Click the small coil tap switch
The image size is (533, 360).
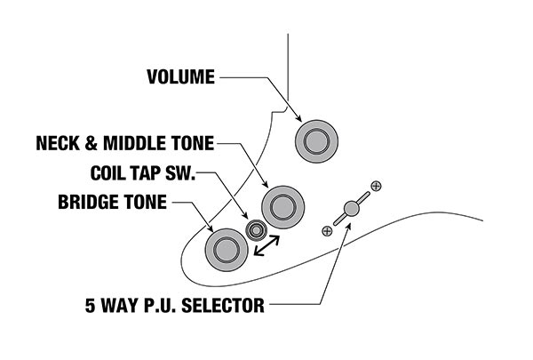click(257, 231)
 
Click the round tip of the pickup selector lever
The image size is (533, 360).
click(351, 208)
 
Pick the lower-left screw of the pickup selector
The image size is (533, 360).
click(327, 231)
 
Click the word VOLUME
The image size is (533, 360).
click(180, 77)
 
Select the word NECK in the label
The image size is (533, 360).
click(59, 142)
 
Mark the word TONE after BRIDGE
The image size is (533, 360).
click(145, 202)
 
